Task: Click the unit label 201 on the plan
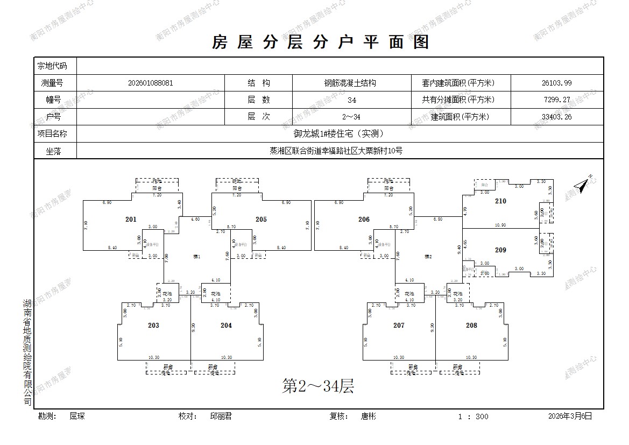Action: click(131, 220)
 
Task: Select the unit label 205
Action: click(261, 220)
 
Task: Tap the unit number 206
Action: click(364, 220)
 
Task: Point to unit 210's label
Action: click(500, 201)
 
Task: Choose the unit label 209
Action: click(500, 250)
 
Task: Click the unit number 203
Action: click(153, 326)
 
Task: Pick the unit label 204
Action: click(226, 326)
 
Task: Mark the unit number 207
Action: click(399, 326)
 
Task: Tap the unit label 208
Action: click(471, 326)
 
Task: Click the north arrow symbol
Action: click(582, 185)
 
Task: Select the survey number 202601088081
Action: click(151, 83)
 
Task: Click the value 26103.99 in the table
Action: click(556, 83)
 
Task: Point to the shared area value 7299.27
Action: click(556, 100)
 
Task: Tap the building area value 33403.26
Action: click(556, 117)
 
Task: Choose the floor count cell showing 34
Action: click(352, 100)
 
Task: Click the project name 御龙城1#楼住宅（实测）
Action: click(340, 134)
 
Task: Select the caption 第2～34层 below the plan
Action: click(318, 386)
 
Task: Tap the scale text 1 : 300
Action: click(473, 416)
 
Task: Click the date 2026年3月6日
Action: click(570, 416)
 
